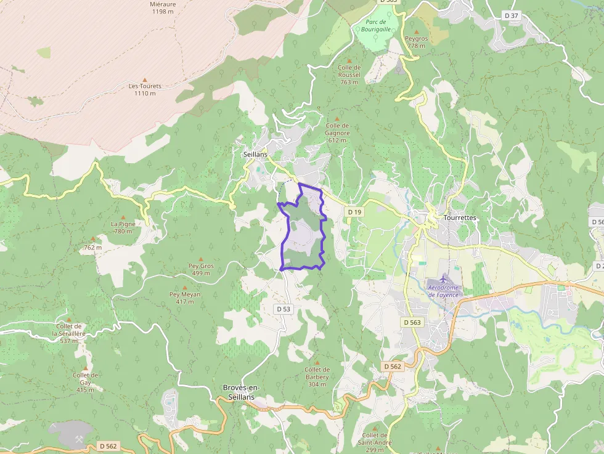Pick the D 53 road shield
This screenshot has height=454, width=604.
284,309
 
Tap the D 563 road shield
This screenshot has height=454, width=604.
412,322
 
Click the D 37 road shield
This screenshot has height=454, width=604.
512,15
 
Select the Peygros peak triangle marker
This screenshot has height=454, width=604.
417,31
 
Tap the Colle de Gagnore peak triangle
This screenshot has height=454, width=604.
337,119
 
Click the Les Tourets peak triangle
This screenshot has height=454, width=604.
145,79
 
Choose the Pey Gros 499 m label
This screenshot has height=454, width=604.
201,269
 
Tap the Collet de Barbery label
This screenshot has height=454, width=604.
317,373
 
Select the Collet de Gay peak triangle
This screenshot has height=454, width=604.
86,368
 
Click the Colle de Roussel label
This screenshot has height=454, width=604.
349,75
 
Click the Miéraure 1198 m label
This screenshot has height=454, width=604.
163,7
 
